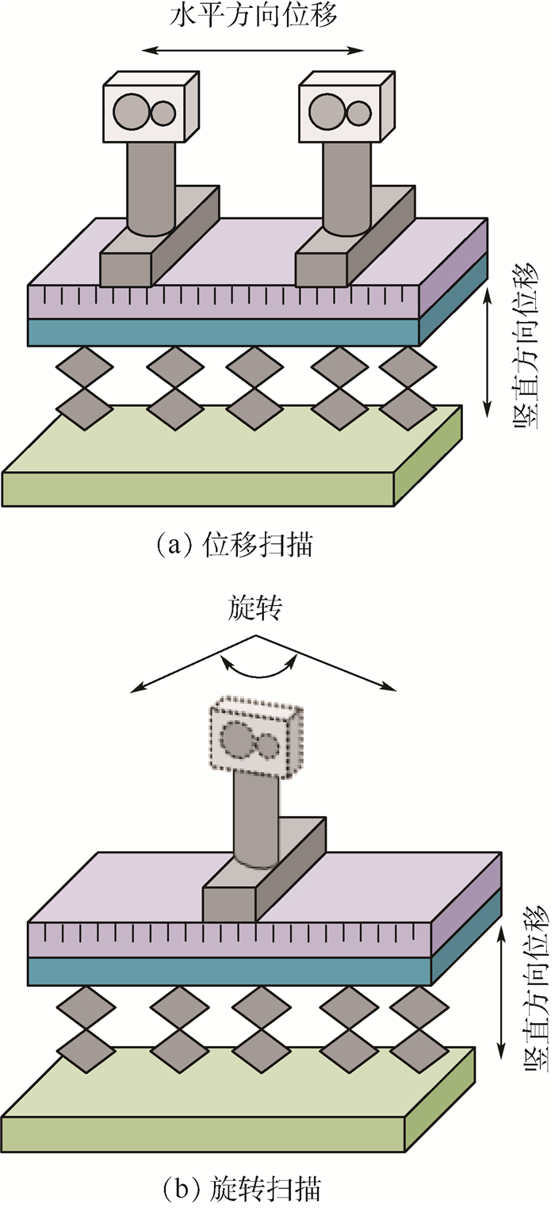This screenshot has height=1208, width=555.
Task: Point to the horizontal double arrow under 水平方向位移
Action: click(253, 51)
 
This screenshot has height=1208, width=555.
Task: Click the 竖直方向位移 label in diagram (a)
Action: click(528, 350)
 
